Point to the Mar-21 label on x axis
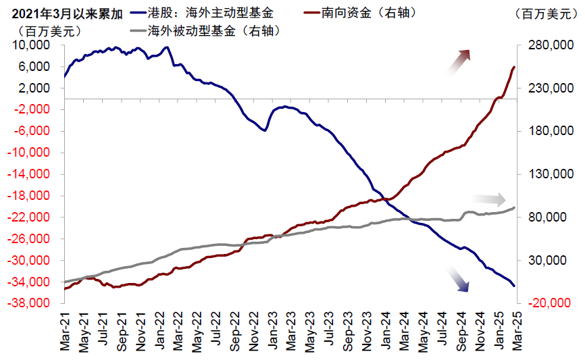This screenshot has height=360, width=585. [x=66, y=333]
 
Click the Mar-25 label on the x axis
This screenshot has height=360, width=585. [x=516, y=333]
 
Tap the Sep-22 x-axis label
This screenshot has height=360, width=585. [x=234, y=333]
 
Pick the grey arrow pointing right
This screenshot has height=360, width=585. [x=489, y=199]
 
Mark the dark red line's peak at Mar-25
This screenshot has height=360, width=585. [x=514, y=67]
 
